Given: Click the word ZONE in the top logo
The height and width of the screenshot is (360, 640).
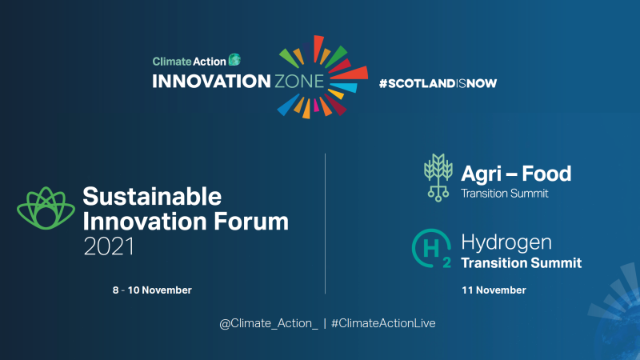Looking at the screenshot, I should coord(295,81).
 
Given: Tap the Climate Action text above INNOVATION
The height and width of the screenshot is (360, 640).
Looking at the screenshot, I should coord(189,60).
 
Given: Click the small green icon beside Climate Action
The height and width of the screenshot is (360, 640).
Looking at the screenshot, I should coord(234,59).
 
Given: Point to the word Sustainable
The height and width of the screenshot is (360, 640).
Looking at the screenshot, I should coord(152,196).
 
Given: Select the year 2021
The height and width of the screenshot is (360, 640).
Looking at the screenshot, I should coord(109,246).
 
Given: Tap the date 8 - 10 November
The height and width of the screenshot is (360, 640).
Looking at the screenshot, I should coord(152,290).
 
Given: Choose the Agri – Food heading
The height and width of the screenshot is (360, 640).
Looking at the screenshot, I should coord(516,173).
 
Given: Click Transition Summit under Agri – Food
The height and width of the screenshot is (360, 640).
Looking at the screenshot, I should coord(505,193).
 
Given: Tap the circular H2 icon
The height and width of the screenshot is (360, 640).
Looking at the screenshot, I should coord(430,247).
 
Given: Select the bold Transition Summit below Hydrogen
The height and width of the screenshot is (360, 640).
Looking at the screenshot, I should coord(521,262).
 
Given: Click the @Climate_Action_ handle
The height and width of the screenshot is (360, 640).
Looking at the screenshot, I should coord(269,322).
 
